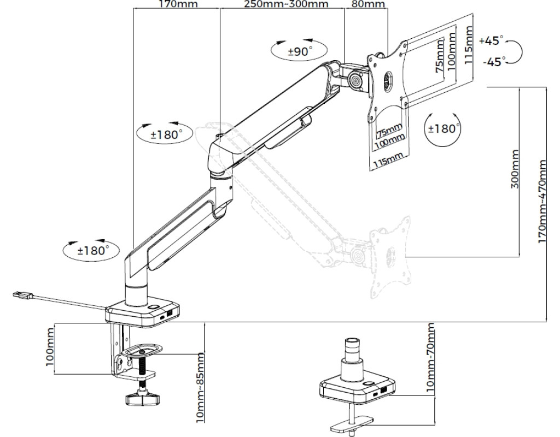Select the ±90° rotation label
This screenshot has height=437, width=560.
(300, 51)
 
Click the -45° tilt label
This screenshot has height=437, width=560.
(494, 62)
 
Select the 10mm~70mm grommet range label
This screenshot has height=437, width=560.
(431, 358)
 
